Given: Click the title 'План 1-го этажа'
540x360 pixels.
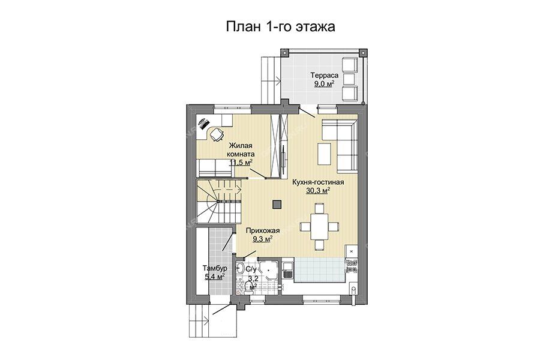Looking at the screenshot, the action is [x=280, y=26].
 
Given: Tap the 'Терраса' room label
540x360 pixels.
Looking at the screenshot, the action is [x=325, y=76].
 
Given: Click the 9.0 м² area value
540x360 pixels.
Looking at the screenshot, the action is [x=325, y=83].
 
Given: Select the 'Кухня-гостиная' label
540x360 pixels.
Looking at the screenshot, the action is [x=318, y=182].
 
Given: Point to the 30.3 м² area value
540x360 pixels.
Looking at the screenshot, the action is [x=318, y=191].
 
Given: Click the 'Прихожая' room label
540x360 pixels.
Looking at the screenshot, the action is [x=263, y=231].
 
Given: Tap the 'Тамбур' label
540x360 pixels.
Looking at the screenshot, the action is [x=215, y=268].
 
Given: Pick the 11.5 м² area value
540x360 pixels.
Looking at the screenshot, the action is [x=241, y=162].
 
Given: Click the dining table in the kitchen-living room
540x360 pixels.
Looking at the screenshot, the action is [x=319, y=226].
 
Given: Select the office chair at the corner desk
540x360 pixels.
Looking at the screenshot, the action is [x=216, y=134].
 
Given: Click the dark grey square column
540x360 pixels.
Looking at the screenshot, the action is [x=277, y=204].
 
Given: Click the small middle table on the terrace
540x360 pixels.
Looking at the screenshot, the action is [x=349, y=77].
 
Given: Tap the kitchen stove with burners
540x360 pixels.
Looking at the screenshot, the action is [x=351, y=266].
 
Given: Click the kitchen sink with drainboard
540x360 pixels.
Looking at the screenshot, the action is [x=287, y=270].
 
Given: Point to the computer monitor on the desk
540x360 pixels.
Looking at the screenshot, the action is [x=203, y=122].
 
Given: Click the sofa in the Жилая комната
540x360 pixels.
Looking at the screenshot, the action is [x=214, y=167].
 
